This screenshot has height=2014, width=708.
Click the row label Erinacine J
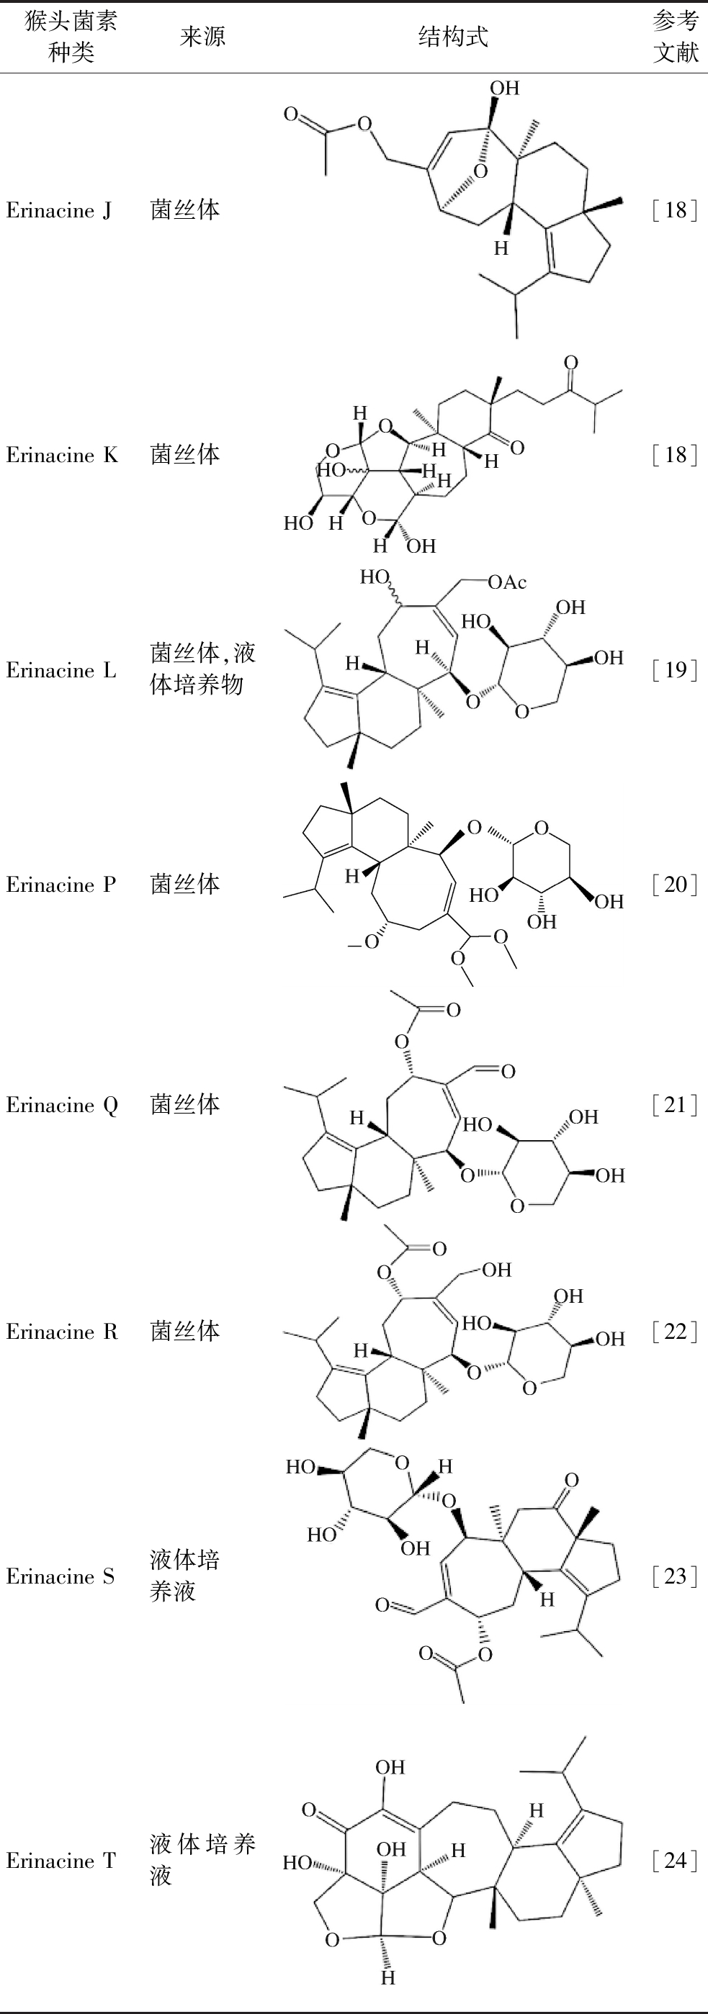[58, 210]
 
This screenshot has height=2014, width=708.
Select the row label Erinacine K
[62, 455]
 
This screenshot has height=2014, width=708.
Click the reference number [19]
[674, 670]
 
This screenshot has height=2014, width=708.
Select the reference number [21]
[674, 1105]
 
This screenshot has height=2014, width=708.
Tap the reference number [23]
[674, 1576]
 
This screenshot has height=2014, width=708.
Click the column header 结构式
[453, 37]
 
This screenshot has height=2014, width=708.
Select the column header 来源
[202, 37]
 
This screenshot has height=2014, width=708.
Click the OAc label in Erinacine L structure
[507, 582]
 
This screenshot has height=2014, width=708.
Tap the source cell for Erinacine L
[202, 669]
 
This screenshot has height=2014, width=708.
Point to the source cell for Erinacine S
[184, 1576]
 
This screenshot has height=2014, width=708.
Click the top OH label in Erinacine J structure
[505, 89]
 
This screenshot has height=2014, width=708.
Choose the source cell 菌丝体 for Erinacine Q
[185, 1105]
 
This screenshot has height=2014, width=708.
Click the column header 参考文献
[675, 37]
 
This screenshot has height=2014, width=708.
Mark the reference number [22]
[674, 1332]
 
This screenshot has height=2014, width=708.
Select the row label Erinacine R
[62, 1332]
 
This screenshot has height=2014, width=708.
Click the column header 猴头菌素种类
[71, 37]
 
